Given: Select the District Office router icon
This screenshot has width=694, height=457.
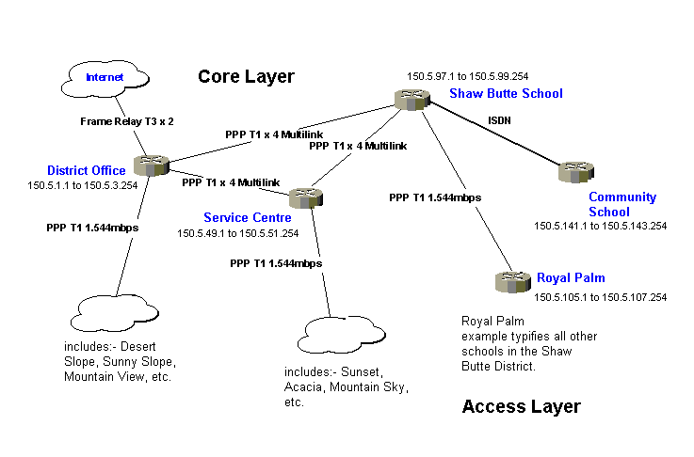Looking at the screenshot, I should tap(149, 165).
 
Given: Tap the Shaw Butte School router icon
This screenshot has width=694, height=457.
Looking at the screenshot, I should tap(411, 100).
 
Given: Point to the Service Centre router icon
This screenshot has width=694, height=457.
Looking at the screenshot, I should tap(304, 197).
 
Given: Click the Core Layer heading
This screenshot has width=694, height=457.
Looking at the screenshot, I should tap(246, 77).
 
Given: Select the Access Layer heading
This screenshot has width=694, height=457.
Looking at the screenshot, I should tap(521, 406).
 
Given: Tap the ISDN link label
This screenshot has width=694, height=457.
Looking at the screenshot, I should tap(500, 120).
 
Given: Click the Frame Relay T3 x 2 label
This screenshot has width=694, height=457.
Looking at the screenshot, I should tap(126, 121).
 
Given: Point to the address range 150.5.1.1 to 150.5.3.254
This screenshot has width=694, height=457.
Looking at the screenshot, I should tap(83, 185).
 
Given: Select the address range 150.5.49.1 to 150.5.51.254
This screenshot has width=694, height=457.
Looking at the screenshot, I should tap(237, 233).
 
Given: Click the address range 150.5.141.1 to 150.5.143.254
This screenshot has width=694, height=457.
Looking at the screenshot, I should tap(600, 226).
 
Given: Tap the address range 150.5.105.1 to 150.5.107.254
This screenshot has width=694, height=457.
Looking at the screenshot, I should tap(600, 297).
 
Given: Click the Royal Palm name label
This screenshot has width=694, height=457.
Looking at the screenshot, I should tap(571, 278).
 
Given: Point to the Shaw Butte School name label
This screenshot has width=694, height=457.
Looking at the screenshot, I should tap(506, 93).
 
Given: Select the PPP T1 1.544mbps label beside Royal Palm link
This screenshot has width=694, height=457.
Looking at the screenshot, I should tap(435, 198).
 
